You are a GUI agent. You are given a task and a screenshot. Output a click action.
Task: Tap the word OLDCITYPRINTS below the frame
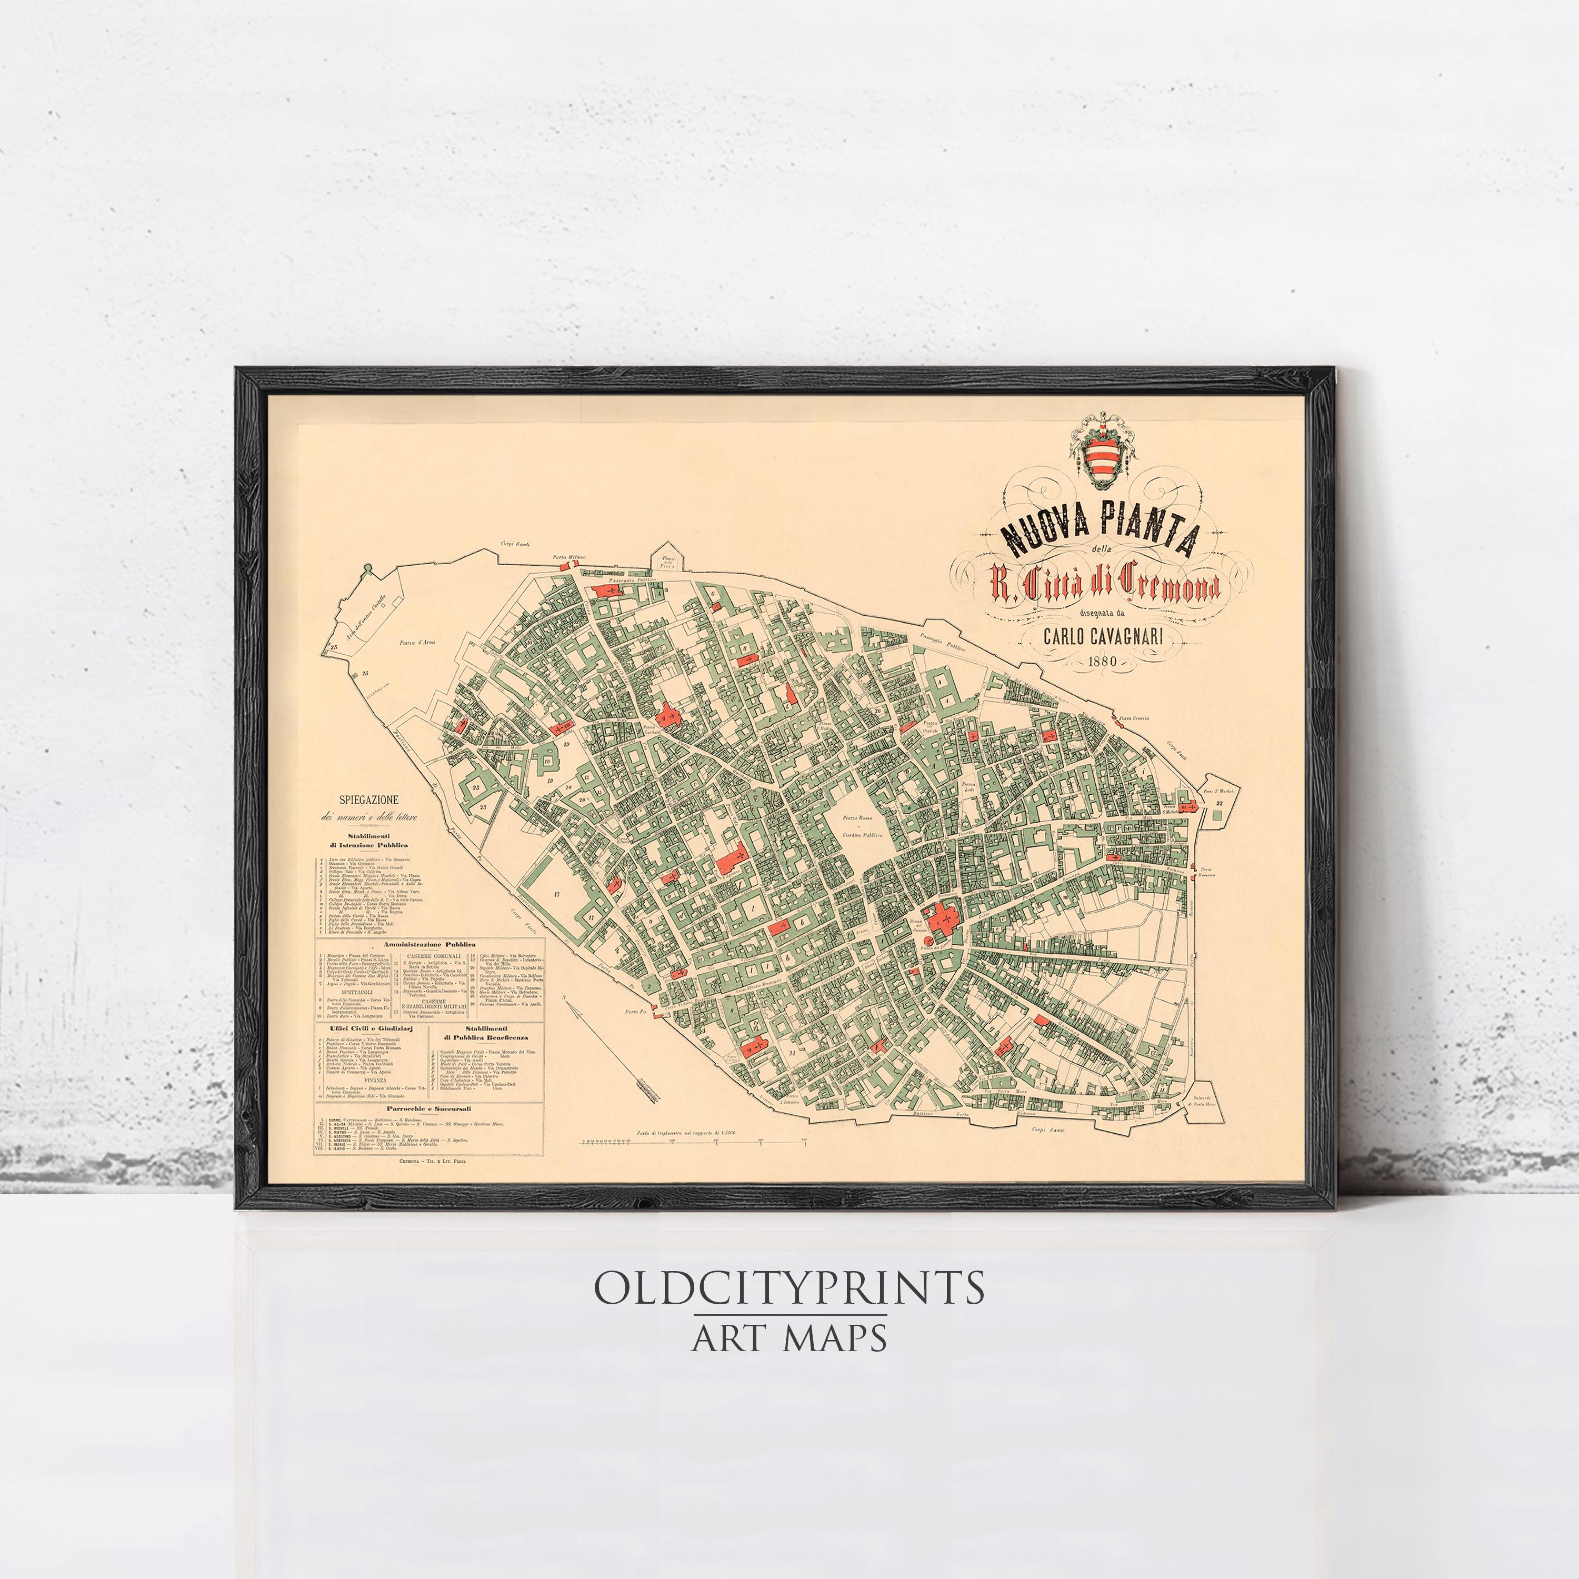point(788,1288)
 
